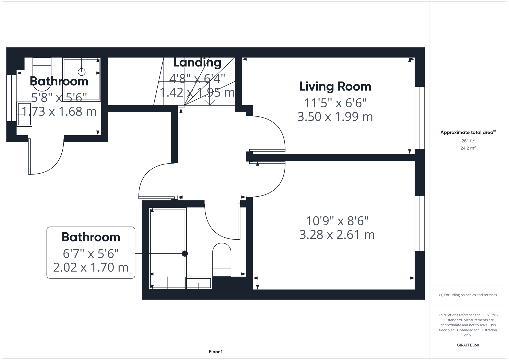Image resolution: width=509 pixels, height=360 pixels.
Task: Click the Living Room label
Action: pos(335,86)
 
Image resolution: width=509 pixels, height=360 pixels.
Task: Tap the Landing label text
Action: pos(197,62)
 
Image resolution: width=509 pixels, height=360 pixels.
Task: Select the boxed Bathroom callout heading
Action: pos(91,237)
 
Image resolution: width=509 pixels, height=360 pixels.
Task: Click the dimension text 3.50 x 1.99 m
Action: pos(335,117)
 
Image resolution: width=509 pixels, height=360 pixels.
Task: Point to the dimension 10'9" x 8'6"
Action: pos(337,221)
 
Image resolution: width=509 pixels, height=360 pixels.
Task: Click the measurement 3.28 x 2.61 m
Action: pos(337,235)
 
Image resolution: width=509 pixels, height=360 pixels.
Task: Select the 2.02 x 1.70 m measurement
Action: pos(91,267)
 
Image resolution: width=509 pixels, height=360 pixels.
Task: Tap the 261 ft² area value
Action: pos(468,141)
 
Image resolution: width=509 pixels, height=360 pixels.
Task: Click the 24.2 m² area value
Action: pos(468,148)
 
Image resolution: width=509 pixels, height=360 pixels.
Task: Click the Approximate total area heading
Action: pos(467,132)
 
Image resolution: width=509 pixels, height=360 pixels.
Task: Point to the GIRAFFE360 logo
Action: pos(468,345)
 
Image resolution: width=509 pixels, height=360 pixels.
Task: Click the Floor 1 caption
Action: pos(216,352)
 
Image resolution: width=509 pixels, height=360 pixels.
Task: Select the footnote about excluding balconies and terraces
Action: pos(468,295)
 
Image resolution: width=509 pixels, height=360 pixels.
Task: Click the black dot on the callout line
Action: pos(185,254)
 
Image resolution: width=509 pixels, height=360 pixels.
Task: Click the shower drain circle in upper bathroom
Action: pos(82,72)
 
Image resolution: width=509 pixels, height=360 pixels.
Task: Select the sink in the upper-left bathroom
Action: pos(24,114)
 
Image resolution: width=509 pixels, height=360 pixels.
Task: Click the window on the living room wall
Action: pos(420,118)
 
